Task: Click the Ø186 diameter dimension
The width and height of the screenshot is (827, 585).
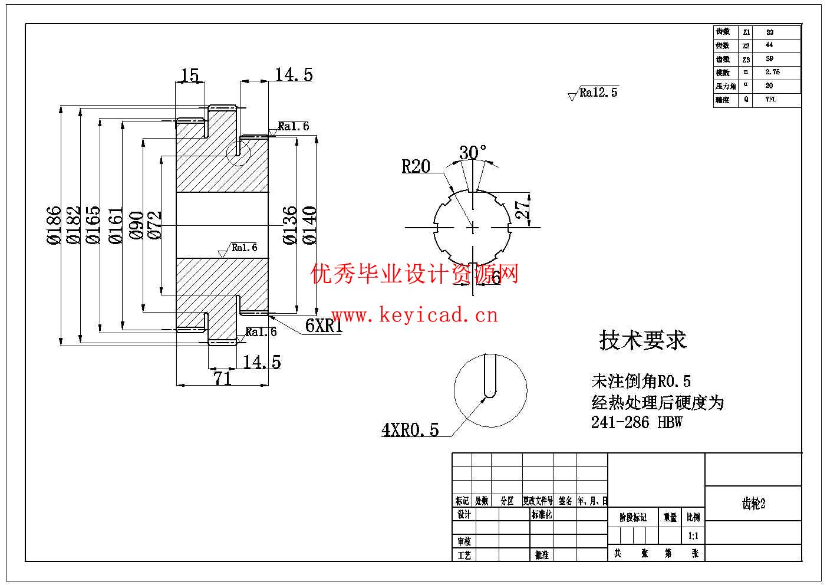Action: (53, 225)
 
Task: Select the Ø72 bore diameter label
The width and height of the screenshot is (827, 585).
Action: (155, 225)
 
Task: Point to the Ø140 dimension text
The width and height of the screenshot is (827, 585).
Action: (309, 225)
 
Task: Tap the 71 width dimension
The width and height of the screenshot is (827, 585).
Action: (222, 379)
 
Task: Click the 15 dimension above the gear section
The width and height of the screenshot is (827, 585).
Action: (189, 75)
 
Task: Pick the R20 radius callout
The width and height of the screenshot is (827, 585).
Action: (416, 167)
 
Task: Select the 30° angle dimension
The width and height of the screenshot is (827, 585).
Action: (473, 152)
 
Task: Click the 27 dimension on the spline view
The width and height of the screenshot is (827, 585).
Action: (522, 209)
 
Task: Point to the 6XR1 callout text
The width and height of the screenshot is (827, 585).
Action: (324, 326)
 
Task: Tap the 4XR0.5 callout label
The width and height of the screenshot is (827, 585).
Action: (410, 430)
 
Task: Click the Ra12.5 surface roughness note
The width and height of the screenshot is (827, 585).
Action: (598, 93)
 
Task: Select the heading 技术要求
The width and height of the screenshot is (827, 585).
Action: (643, 340)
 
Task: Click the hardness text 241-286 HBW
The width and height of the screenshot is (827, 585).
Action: (637, 422)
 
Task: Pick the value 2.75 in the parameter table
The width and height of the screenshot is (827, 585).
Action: (772, 72)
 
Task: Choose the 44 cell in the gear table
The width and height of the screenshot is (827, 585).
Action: (769, 45)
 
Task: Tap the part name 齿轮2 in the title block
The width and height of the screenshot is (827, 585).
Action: (753, 504)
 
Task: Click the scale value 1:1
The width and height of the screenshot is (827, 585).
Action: (693, 536)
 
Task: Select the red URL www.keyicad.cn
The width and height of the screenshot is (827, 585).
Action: (415, 315)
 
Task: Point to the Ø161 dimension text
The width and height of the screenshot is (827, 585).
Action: (116, 225)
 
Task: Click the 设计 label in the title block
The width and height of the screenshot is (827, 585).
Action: (464, 514)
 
